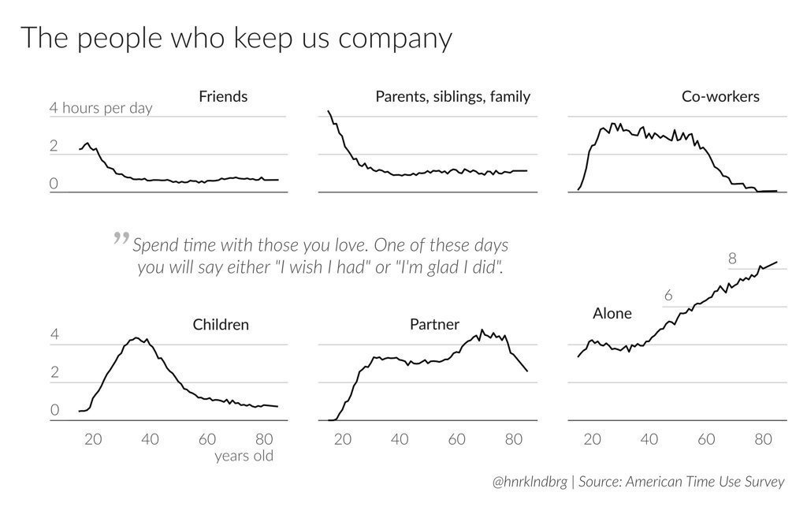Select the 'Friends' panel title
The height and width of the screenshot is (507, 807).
pos(223,97)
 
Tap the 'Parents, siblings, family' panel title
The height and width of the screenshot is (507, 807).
pos(452,97)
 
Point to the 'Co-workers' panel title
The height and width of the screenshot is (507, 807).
pos(720,97)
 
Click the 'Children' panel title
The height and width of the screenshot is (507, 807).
pos(221,324)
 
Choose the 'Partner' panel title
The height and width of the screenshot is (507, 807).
pos(434,324)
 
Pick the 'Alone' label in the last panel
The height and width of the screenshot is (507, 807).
pos(612,314)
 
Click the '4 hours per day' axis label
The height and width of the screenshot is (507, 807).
pos(101,108)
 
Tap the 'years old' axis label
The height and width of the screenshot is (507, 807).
pos(244,456)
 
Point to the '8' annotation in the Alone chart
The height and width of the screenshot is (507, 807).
pos(732,259)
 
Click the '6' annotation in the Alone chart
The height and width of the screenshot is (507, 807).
pos(668,296)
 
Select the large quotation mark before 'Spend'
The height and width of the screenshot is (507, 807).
pos(121,237)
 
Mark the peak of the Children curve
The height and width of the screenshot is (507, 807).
pos(136,338)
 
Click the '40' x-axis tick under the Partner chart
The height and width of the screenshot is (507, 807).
pos(400,439)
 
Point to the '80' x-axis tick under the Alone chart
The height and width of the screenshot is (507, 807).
pos(763,439)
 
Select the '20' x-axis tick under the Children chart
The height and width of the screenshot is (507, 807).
pos(93,439)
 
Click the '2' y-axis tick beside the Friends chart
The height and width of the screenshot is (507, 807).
pos(54,147)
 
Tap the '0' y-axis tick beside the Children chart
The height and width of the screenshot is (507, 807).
pos(54,410)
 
